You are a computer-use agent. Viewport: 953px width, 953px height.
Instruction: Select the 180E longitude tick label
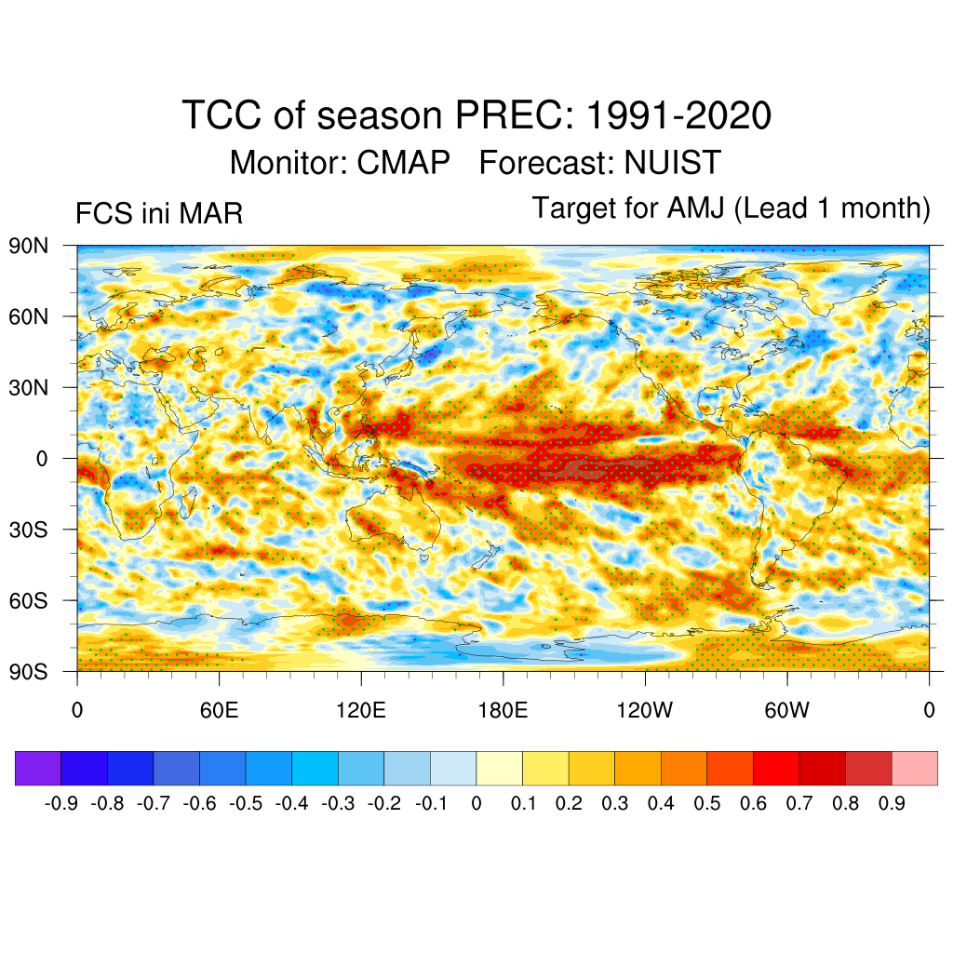pyautogui.click(x=503, y=711)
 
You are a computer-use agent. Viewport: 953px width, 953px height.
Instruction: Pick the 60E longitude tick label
pyautogui.click(x=220, y=711)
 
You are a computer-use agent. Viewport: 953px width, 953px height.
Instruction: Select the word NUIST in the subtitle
pyautogui.click(x=672, y=163)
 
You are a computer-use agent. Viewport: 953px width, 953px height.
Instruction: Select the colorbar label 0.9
pyautogui.click(x=892, y=803)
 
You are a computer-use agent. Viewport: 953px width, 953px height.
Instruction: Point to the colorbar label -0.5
pyautogui.click(x=246, y=803)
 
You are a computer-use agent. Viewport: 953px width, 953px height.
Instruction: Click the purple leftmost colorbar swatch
pyautogui.click(x=38, y=768)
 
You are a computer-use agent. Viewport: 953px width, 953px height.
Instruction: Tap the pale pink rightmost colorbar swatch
pyautogui.click(x=914, y=768)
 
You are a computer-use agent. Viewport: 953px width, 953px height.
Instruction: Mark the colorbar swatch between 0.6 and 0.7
pyautogui.click(x=776, y=768)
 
